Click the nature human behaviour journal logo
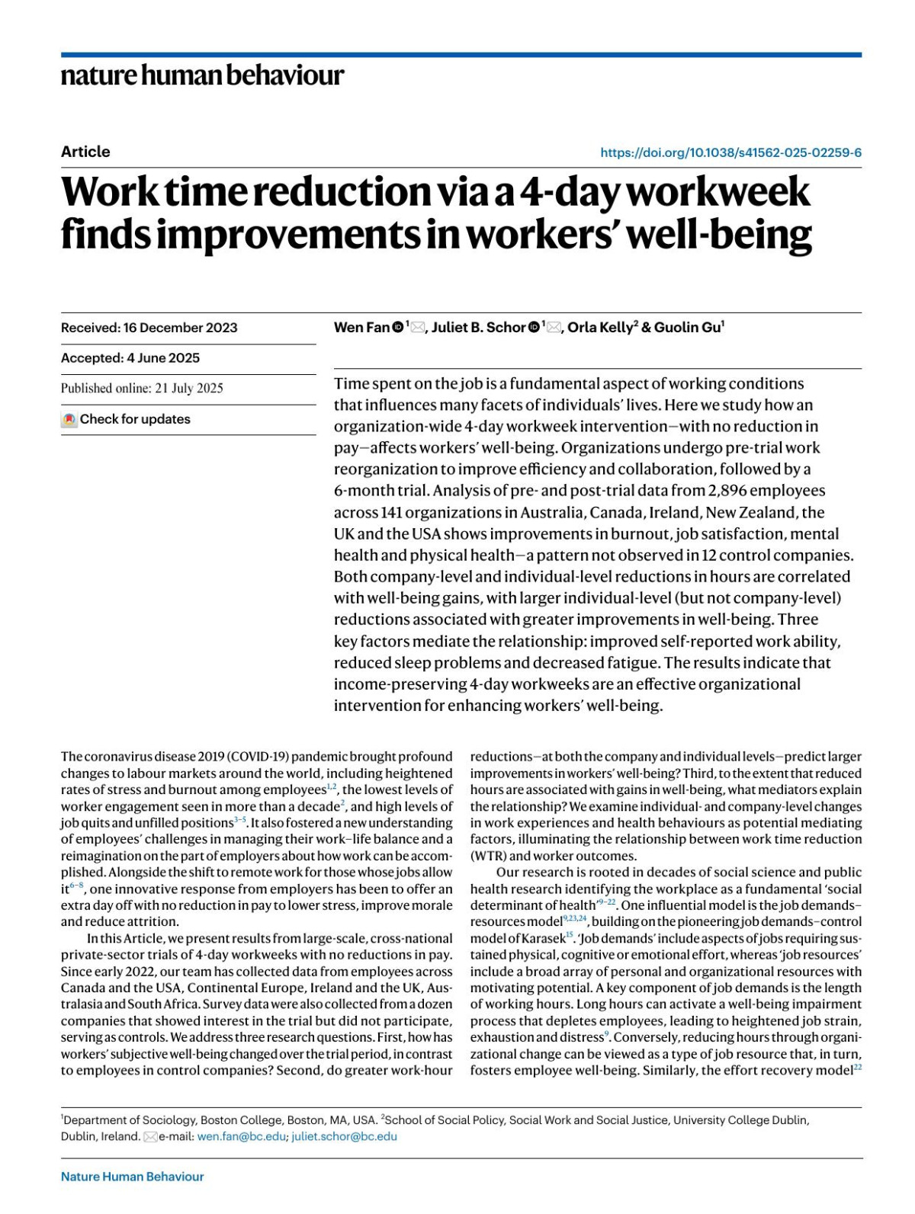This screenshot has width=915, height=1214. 202,75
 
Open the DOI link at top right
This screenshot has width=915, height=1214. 730,152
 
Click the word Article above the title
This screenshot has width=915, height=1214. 85,152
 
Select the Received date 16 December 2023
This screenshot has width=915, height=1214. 149,328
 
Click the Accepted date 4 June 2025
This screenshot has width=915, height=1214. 130,358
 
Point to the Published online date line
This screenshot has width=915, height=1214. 142,389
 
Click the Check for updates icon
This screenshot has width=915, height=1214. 69,419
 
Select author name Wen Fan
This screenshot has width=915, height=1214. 361,328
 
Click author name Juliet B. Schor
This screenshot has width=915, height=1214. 478,328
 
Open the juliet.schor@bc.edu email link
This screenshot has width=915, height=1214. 344,1136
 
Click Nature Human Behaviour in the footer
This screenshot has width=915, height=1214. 132,1177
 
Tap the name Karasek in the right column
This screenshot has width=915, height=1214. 542,938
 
